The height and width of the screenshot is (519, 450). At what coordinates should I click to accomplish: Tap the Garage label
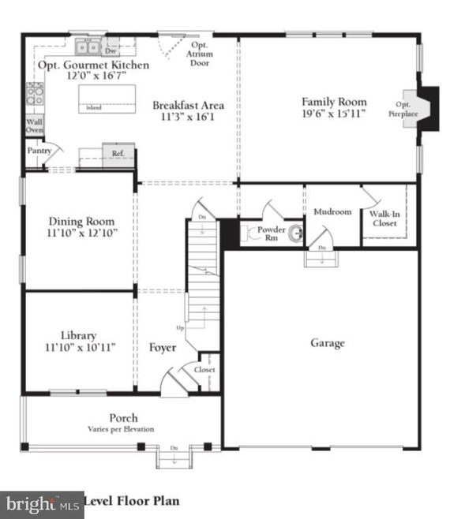click(327, 343)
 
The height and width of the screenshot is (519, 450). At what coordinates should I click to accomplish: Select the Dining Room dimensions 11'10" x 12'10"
click(81, 233)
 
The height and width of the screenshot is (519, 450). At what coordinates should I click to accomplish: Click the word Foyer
click(163, 347)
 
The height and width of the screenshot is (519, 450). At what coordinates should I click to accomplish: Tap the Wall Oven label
click(35, 127)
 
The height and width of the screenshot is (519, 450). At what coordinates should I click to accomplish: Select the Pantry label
click(39, 149)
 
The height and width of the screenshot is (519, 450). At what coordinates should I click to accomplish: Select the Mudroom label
click(332, 212)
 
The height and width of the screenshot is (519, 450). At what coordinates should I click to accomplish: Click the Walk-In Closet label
click(383, 218)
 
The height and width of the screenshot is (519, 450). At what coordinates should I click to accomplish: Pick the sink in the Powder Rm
click(295, 233)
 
